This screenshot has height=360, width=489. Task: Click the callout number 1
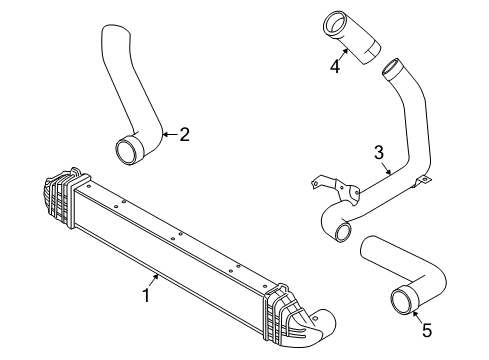(x=146, y=295)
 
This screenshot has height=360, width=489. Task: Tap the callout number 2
(x=184, y=134)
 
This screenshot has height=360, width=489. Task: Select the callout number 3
(x=379, y=153)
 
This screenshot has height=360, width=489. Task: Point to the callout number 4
(x=335, y=66)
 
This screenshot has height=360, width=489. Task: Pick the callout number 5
(x=427, y=330)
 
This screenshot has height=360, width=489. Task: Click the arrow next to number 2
(x=170, y=134)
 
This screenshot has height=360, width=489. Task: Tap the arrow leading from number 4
(x=343, y=54)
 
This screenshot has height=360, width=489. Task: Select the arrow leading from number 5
(x=417, y=316)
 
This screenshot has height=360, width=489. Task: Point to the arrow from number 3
(x=386, y=169)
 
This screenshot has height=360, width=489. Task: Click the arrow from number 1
(x=153, y=280)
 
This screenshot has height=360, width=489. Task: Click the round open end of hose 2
(x=127, y=151)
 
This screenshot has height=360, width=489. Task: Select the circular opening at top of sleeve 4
(x=336, y=23)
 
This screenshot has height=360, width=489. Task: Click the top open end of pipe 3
(x=390, y=68)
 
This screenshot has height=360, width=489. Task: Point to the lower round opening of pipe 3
(x=343, y=232)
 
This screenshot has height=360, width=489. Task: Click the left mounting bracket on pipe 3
(x=338, y=189)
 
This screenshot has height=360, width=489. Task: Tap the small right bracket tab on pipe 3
(x=422, y=181)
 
